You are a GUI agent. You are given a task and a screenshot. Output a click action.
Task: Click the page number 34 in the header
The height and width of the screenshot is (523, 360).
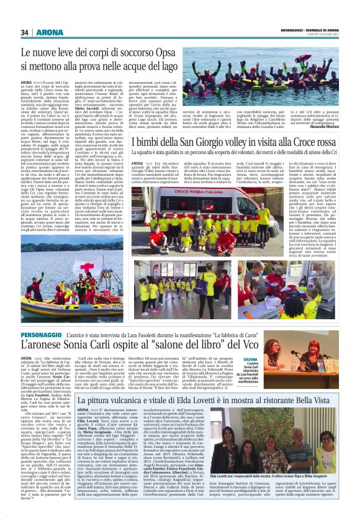coord(25,32)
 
